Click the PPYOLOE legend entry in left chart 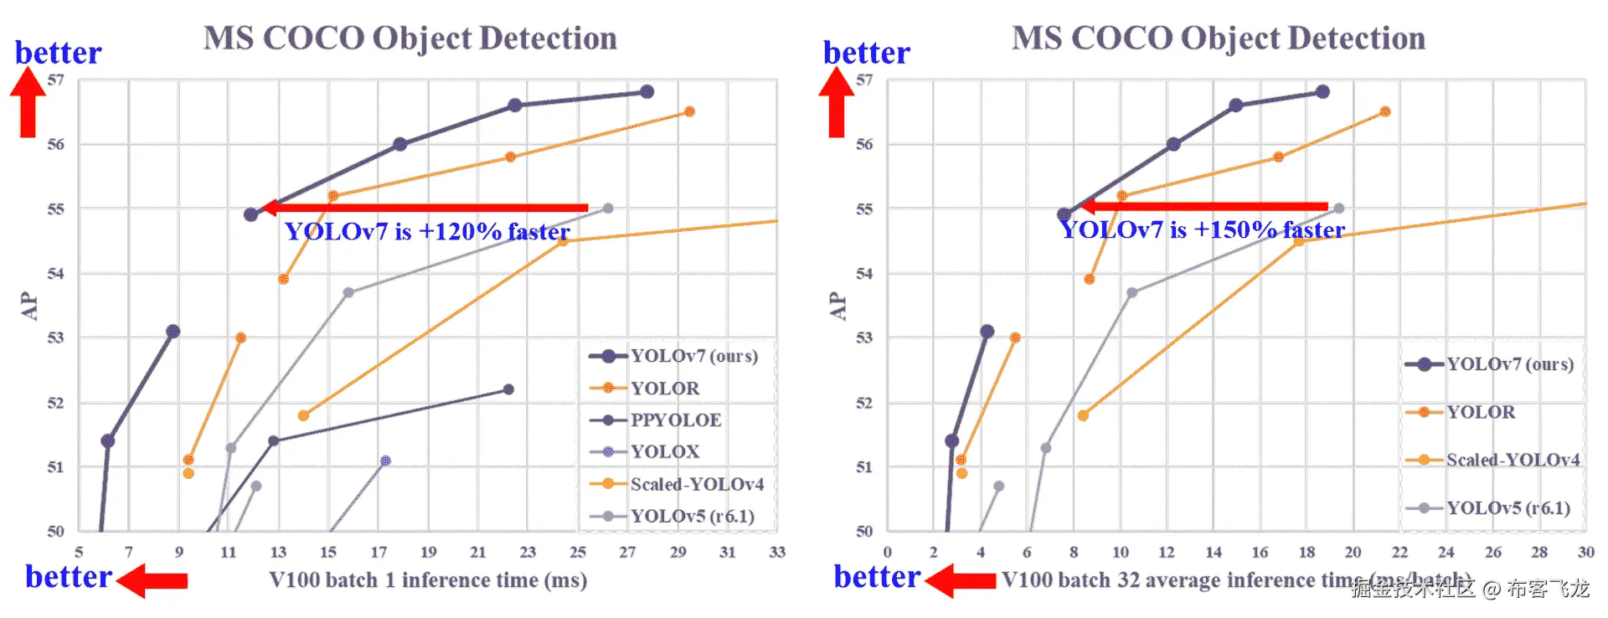[x=675, y=420]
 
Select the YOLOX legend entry [x=664, y=452]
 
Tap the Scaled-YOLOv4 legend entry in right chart [x=1512, y=460]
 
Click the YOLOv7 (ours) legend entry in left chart [x=693, y=356]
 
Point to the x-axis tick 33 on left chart [x=777, y=552]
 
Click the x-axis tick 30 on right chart [x=1585, y=552]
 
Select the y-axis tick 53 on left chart [x=55, y=338]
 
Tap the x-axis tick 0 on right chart [x=888, y=552]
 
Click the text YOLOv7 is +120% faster [x=427, y=232]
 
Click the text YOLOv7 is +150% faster [x=1203, y=230]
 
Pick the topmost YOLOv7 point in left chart [x=647, y=91]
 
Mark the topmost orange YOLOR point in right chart [x=1385, y=111]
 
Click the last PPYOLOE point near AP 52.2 [x=508, y=389]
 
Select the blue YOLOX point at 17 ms [x=385, y=461]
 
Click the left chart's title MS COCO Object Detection [x=410, y=39]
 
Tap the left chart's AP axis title [x=29, y=306]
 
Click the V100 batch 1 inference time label [x=428, y=580]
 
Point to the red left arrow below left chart [x=152, y=580]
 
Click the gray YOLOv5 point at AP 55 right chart [x=1339, y=209]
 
